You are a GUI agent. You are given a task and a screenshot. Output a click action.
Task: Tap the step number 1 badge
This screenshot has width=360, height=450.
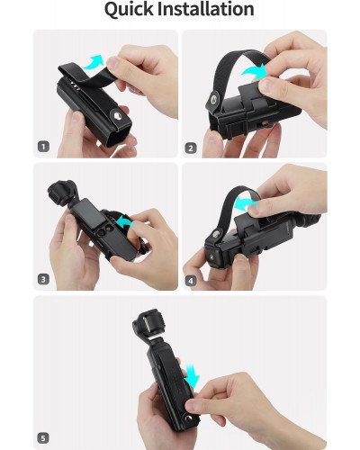[x=42, y=147]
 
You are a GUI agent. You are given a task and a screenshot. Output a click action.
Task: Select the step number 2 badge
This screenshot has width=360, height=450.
[x=191, y=147]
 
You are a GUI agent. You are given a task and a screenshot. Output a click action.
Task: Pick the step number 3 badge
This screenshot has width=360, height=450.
[x=42, y=280]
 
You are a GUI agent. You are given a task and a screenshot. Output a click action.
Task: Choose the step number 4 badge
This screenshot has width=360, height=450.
[x=191, y=280]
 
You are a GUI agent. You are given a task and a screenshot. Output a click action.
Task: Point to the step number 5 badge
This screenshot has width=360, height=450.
[x=42, y=439]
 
